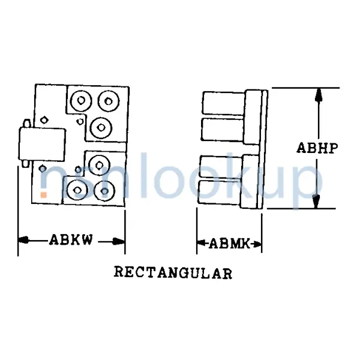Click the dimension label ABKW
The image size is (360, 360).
point(71,241)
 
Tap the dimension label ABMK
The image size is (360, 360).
point(229,244)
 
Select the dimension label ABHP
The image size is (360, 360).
point(318,148)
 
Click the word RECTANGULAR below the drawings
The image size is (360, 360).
point(173,273)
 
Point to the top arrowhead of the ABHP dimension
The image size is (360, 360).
point(318,96)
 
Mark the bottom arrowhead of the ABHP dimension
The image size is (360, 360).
point(318,202)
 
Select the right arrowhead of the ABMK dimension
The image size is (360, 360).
point(257,244)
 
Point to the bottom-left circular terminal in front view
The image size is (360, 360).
point(77,190)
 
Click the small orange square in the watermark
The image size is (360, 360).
point(43,194)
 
